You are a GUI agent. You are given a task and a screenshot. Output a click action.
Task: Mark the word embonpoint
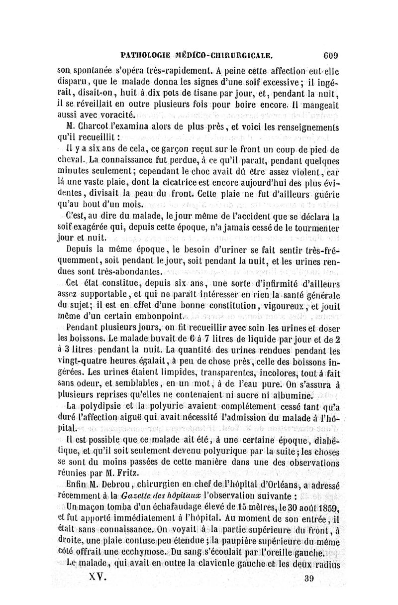click(158, 316)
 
